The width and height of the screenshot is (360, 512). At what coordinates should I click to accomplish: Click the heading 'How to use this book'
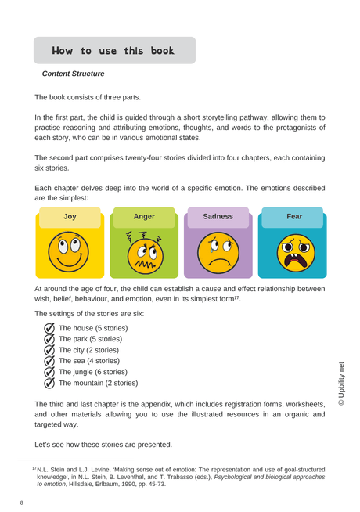tap(113, 51)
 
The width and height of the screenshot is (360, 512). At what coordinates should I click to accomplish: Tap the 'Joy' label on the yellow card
tap(70, 215)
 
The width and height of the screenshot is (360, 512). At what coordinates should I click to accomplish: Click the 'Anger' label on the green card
tap(144, 215)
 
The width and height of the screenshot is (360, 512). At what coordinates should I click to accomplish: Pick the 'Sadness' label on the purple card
tap(218, 215)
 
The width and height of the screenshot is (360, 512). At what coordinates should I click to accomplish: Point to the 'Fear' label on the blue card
tap(294, 215)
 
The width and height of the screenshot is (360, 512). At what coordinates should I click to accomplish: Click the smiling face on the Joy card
tap(70, 251)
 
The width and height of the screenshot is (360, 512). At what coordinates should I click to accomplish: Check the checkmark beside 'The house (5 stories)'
tap(49, 327)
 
